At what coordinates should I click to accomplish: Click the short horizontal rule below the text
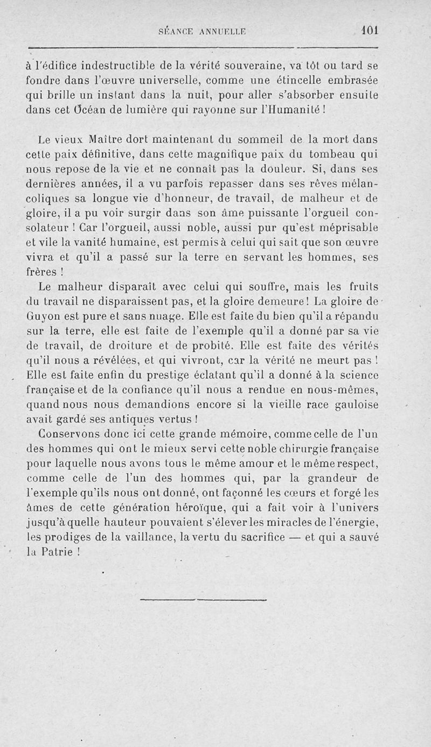tap(204, 599)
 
